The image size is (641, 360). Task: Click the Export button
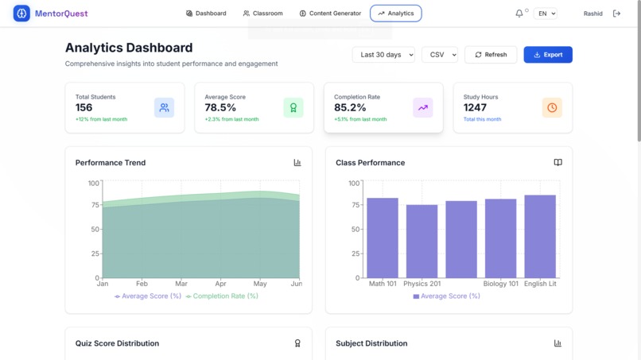[x=548, y=55]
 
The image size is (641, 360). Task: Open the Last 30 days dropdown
[x=383, y=55]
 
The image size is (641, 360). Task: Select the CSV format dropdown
[x=439, y=55]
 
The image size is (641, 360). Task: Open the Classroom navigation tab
[x=263, y=14]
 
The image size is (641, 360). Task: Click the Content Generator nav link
[x=330, y=14]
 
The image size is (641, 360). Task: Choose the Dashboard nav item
[x=206, y=14]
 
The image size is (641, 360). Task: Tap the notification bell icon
[x=519, y=14]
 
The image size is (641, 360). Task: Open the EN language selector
[x=546, y=14]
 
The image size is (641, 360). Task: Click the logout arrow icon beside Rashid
[x=616, y=14]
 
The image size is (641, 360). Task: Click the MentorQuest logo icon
[x=21, y=14]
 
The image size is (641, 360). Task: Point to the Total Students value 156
[x=84, y=107]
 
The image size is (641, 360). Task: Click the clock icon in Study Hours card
[x=552, y=107]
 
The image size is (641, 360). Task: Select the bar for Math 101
[x=383, y=238]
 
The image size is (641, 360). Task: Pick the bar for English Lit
[x=540, y=236]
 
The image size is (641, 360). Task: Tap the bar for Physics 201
[x=422, y=241]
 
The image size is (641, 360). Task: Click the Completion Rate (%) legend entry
[x=222, y=296]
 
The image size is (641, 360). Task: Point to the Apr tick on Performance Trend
[x=220, y=284]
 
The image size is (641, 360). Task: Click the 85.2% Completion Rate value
[x=350, y=107]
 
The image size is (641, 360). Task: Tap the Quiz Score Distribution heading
[x=117, y=343]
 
